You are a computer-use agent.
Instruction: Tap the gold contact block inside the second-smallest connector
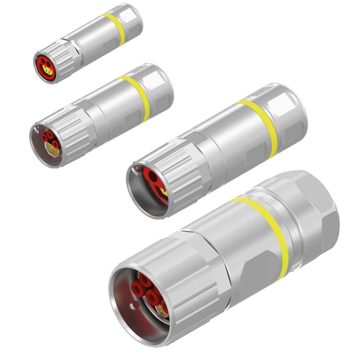(x=52, y=150)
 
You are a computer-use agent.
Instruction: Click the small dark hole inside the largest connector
(x=135, y=307)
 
